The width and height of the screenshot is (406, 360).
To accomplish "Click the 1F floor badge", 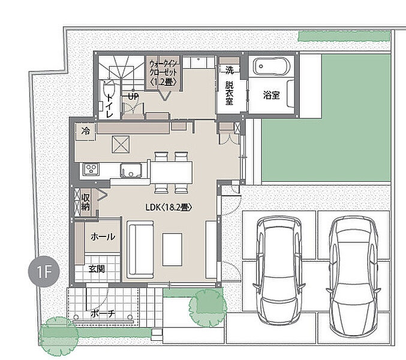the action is coord(44,271).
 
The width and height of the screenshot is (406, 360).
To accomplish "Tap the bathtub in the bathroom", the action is coord(271,66).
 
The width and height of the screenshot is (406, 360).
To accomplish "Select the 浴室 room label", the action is coord(271,95).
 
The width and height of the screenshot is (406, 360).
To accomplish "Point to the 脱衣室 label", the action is coord(229,93).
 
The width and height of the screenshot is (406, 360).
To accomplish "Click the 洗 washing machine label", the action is coord(230,70).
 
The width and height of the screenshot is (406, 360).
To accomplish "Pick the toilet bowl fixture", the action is coord(109,89).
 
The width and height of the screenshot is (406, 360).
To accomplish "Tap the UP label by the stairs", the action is coord(133,97).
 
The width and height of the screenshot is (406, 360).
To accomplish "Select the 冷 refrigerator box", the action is coord(86,131).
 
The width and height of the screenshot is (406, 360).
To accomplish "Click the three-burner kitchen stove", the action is coord(91,169).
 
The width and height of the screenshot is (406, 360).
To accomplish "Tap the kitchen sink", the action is coord(131,170).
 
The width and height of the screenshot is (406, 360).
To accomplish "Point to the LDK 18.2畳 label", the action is coord(169,207).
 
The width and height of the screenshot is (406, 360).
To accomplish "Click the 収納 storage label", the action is coord(85,202).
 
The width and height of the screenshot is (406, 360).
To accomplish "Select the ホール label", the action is coord(103,236).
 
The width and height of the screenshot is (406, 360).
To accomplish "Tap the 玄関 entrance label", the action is coord(97,269).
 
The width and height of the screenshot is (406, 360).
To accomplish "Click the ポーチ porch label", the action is coord(103,314).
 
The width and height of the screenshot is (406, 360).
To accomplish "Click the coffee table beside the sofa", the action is coord(172,250).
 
